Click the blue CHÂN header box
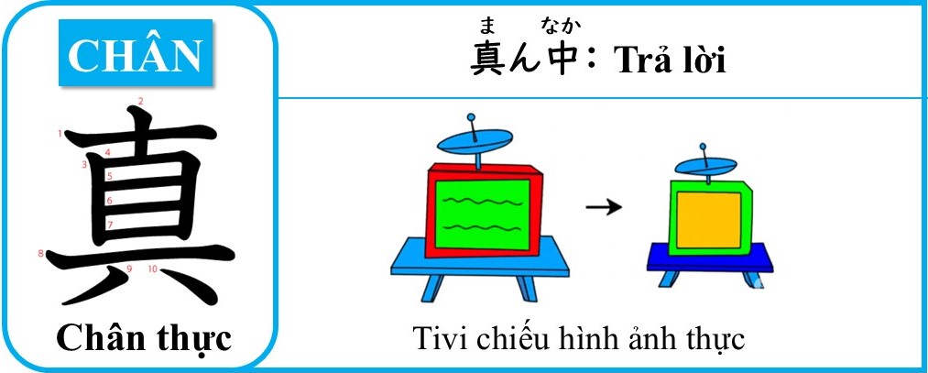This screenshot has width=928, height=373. click(136, 52)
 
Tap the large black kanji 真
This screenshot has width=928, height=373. click(140, 210)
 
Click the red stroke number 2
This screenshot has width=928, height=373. click(140, 101)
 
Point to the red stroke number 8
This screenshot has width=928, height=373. click(41, 254)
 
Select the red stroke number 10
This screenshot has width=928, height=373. click(153, 269)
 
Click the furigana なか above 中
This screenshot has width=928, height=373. click(560, 26)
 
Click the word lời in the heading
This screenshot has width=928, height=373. click(704, 60)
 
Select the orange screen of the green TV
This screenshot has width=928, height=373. click(708, 220)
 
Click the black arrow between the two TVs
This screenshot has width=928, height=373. click(604, 206)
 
